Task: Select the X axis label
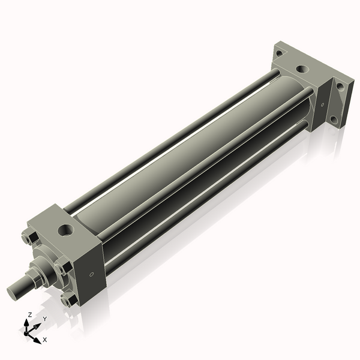(44, 340)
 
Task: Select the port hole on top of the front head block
(64, 229)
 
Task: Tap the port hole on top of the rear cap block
(303, 68)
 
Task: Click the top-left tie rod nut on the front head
(26, 239)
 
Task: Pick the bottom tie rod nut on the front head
(69, 300)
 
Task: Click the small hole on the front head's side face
(91, 275)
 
